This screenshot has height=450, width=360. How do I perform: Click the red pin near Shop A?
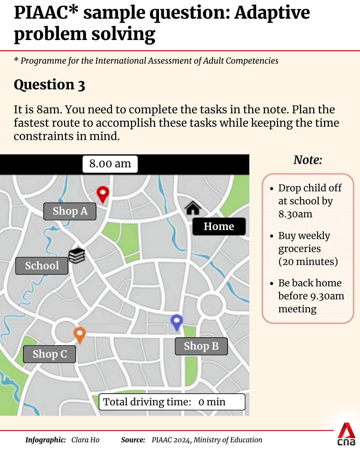click(103, 193)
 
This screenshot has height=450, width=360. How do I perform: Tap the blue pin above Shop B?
click(176, 322)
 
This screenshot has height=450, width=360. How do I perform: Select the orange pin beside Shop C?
click(79, 334)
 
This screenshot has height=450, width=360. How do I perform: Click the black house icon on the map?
click(193, 208)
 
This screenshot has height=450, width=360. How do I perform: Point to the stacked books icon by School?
click(77, 256)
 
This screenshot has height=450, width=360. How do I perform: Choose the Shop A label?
click(70, 211)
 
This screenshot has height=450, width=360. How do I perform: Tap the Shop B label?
click(201, 346)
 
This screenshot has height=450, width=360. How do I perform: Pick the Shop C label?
click(50, 354)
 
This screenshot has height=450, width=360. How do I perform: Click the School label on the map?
click(42, 266)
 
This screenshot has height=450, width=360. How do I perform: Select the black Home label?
click(219, 227)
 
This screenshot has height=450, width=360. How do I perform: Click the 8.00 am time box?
click(110, 164)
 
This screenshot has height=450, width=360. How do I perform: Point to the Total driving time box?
click(172, 402)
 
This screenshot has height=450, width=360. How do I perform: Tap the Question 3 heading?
click(49, 85)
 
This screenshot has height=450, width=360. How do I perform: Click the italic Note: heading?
click(308, 160)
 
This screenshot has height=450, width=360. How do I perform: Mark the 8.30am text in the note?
click(295, 214)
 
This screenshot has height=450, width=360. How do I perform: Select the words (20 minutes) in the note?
click(308, 262)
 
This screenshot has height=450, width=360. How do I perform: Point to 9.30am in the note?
click(327, 296)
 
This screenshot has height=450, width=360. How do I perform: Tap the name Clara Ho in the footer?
click(85, 440)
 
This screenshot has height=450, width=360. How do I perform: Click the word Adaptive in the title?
click(272, 13)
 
